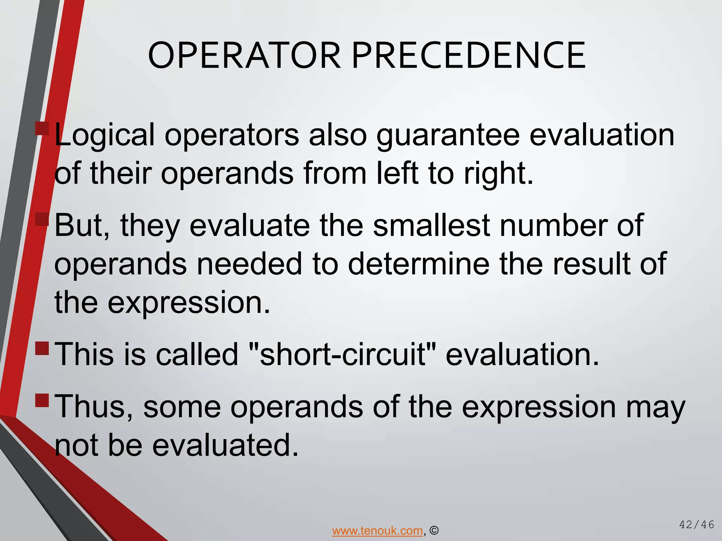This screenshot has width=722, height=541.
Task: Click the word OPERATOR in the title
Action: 244,56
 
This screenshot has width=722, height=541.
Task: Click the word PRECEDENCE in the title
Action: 469,56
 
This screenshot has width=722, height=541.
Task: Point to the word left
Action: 398,173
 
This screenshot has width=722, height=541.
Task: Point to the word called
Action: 197,355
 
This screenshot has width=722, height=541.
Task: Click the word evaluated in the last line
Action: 226,445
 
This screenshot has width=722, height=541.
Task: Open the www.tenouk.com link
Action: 377,530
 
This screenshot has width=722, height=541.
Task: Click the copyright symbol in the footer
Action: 434,530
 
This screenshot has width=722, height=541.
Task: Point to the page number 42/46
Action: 697,525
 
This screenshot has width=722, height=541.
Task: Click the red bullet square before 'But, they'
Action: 42,219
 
